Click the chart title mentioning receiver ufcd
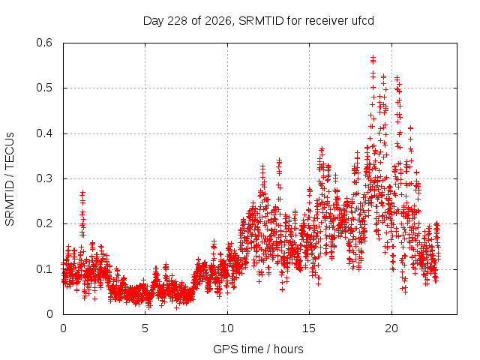pyautogui.click(x=258, y=21)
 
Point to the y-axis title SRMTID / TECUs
pyautogui.click(x=10, y=179)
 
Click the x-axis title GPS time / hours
pyautogui.click(x=258, y=349)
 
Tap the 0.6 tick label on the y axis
pyautogui.click(x=44, y=43)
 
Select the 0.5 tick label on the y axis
pyautogui.click(x=44, y=88)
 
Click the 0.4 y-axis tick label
pyautogui.click(x=44, y=133)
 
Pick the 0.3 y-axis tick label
pyautogui.click(x=44, y=178)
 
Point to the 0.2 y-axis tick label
pyautogui.click(x=44, y=223)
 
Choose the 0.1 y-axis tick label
pyautogui.click(x=44, y=269)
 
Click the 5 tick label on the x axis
pyautogui.click(x=145, y=328)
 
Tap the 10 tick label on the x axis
pyautogui.click(x=227, y=328)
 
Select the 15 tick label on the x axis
pyautogui.click(x=309, y=328)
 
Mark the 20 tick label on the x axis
pyautogui.click(x=391, y=328)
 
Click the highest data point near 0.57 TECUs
pyautogui.click(x=373, y=58)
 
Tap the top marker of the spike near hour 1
pyautogui.click(x=82, y=193)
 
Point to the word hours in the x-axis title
pyautogui.click(x=288, y=349)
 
